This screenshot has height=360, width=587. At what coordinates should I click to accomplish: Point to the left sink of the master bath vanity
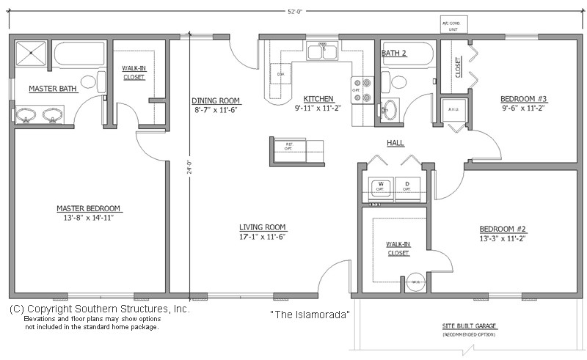tap(28, 115)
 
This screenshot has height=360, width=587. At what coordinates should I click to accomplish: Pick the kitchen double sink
tap(322, 52)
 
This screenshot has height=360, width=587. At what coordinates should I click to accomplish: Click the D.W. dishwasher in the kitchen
tap(280, 75)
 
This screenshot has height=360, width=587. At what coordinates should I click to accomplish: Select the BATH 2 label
tap(394, 54)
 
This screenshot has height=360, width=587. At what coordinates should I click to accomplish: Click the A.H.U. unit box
tap(453, 111)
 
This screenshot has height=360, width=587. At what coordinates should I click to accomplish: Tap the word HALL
tap(395, 143)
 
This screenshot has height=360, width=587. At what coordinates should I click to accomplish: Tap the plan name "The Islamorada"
tap(310, 315)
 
